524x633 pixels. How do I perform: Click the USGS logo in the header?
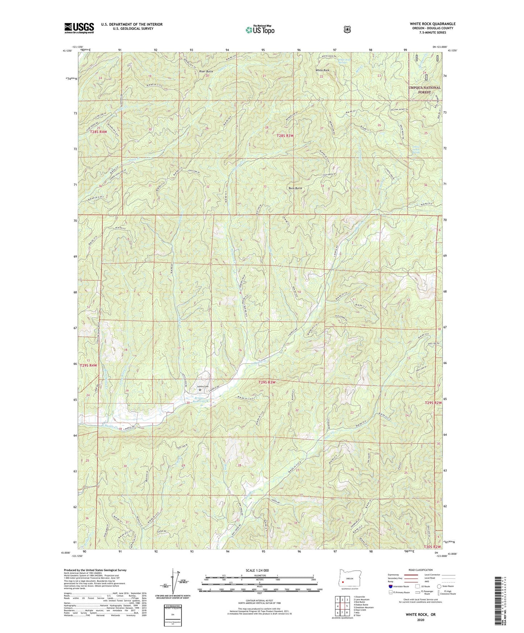point(79,28)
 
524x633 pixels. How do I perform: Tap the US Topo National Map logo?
point(259,30)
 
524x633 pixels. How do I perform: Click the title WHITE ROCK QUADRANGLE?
point(433,24)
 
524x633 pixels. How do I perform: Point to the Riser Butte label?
point(206,71)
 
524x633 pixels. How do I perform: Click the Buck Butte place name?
point(295,188)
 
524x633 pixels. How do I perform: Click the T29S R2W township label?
point(433,403)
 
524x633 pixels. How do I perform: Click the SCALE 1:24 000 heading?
point(259,571)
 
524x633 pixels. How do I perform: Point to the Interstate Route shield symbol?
point(390,586)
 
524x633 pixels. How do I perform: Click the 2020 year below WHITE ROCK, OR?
point(420,620)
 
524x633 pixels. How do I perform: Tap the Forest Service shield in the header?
point(347,29)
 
